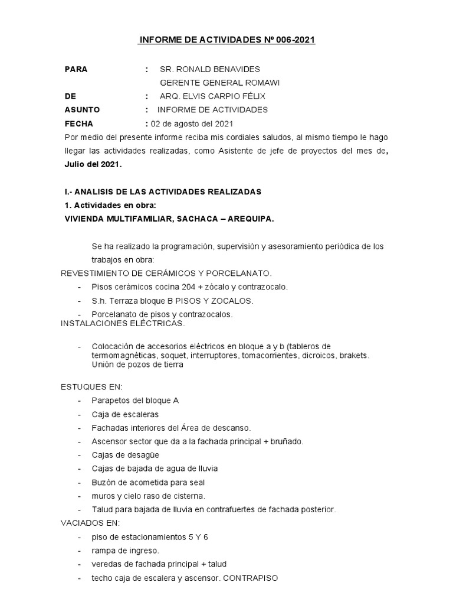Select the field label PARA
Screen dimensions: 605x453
(x=75, y=69)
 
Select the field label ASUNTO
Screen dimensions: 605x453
(x=82, y=110)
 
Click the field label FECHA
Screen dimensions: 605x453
(x=78, y=123)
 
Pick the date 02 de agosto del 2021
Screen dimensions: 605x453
(x=192, y=123)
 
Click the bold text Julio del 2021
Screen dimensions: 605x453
(x=92, y=165)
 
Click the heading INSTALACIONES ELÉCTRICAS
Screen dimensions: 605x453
(x=123, y=324)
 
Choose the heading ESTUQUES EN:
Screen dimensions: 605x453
(x=92, y=386)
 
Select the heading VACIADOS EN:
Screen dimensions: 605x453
(x=90, y=523)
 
